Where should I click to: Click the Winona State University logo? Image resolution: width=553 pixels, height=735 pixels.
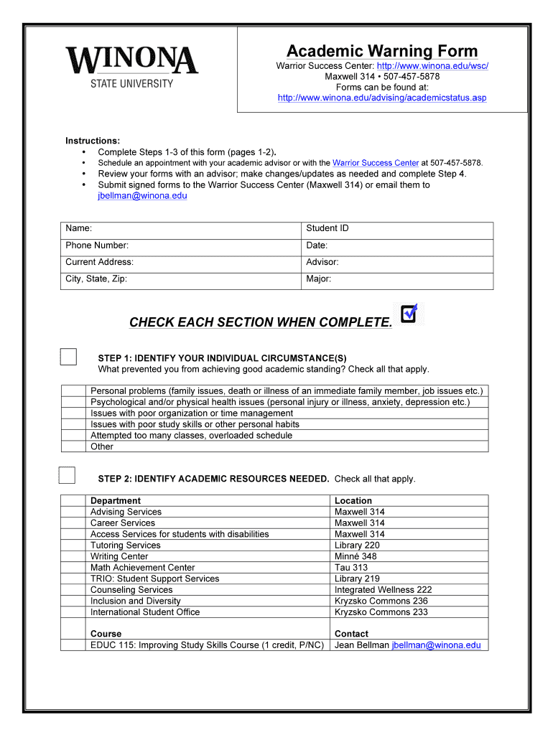(131, 67)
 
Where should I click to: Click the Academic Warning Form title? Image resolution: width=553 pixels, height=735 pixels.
(381, 51)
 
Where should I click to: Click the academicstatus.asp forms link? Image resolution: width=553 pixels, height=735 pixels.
(381, 98)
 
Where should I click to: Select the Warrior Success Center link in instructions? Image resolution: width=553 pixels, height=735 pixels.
(375, 163)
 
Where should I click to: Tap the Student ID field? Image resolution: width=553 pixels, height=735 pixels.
(397, 229)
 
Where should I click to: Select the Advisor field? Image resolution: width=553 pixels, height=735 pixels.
(397, 263)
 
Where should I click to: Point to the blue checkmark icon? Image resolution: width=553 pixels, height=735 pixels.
(409, 313)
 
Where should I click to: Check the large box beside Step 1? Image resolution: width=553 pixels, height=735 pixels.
(68, 357)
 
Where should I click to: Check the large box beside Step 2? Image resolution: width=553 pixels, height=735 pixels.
(67, 475)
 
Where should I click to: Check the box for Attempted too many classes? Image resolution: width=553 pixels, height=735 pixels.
(73, 436)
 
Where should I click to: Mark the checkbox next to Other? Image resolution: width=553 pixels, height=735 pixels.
(73, 446)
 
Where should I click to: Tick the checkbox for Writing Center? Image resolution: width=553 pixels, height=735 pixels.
(73, 556)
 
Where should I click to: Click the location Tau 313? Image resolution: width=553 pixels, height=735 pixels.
(350, 568)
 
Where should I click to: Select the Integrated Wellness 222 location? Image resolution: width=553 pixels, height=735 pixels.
(383, 590)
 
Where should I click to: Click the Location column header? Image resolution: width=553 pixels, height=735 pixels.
(353, 501)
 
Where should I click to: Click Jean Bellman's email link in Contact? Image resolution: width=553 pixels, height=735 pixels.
(436, 645)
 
